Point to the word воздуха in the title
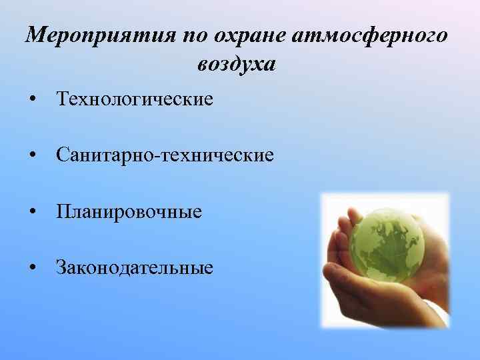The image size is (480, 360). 236,65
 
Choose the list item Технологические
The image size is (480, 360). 135,100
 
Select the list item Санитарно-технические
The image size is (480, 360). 165,156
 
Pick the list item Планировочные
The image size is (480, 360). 129,212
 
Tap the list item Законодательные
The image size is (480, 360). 135,268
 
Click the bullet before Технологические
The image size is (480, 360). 32,101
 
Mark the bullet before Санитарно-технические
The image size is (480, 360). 32,157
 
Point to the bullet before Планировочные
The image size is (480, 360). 32,213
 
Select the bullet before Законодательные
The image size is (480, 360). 32,269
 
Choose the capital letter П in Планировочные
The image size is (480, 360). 63,212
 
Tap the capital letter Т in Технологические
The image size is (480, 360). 63,100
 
